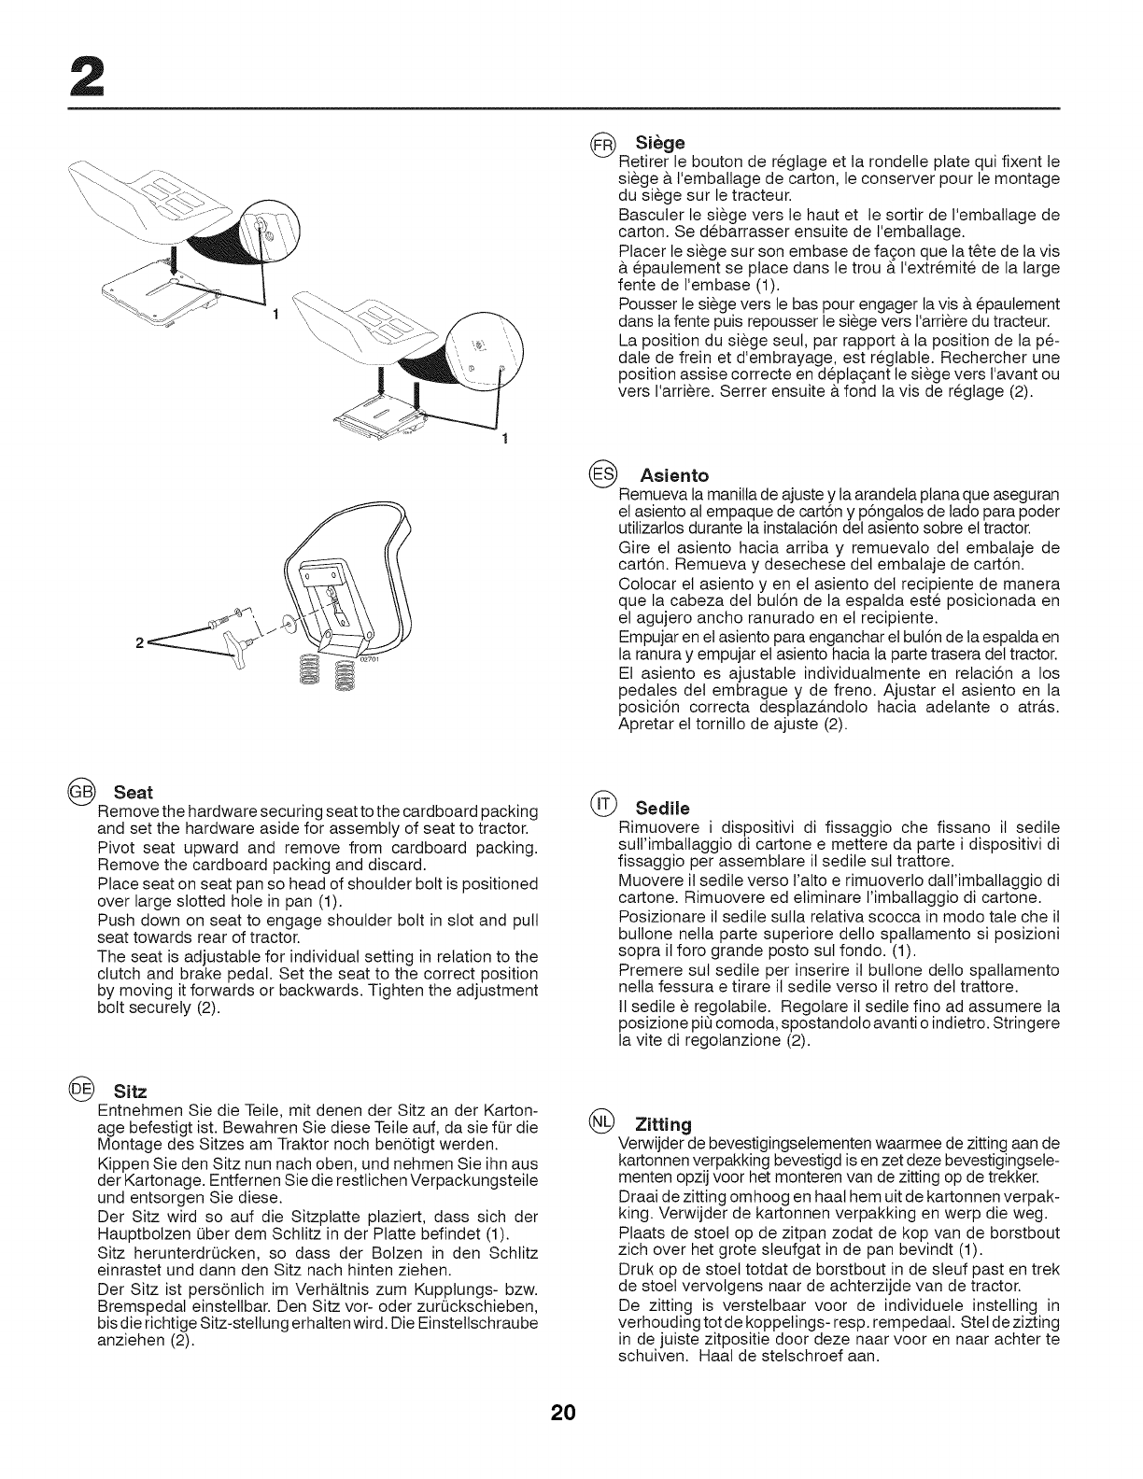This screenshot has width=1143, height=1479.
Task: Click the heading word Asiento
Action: click(x=674, y=475)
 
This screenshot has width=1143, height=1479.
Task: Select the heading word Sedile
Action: click(x=662, y=807)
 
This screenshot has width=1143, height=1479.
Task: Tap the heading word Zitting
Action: click(x=663, y=1122)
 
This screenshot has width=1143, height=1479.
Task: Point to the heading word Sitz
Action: click(x=131, y=1092)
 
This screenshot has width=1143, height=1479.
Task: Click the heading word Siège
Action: click(x=659, y=144)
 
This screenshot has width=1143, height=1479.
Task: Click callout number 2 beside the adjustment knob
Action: click(x=139, y=643)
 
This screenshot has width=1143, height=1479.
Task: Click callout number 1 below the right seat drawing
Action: click(x=504, y=440)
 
